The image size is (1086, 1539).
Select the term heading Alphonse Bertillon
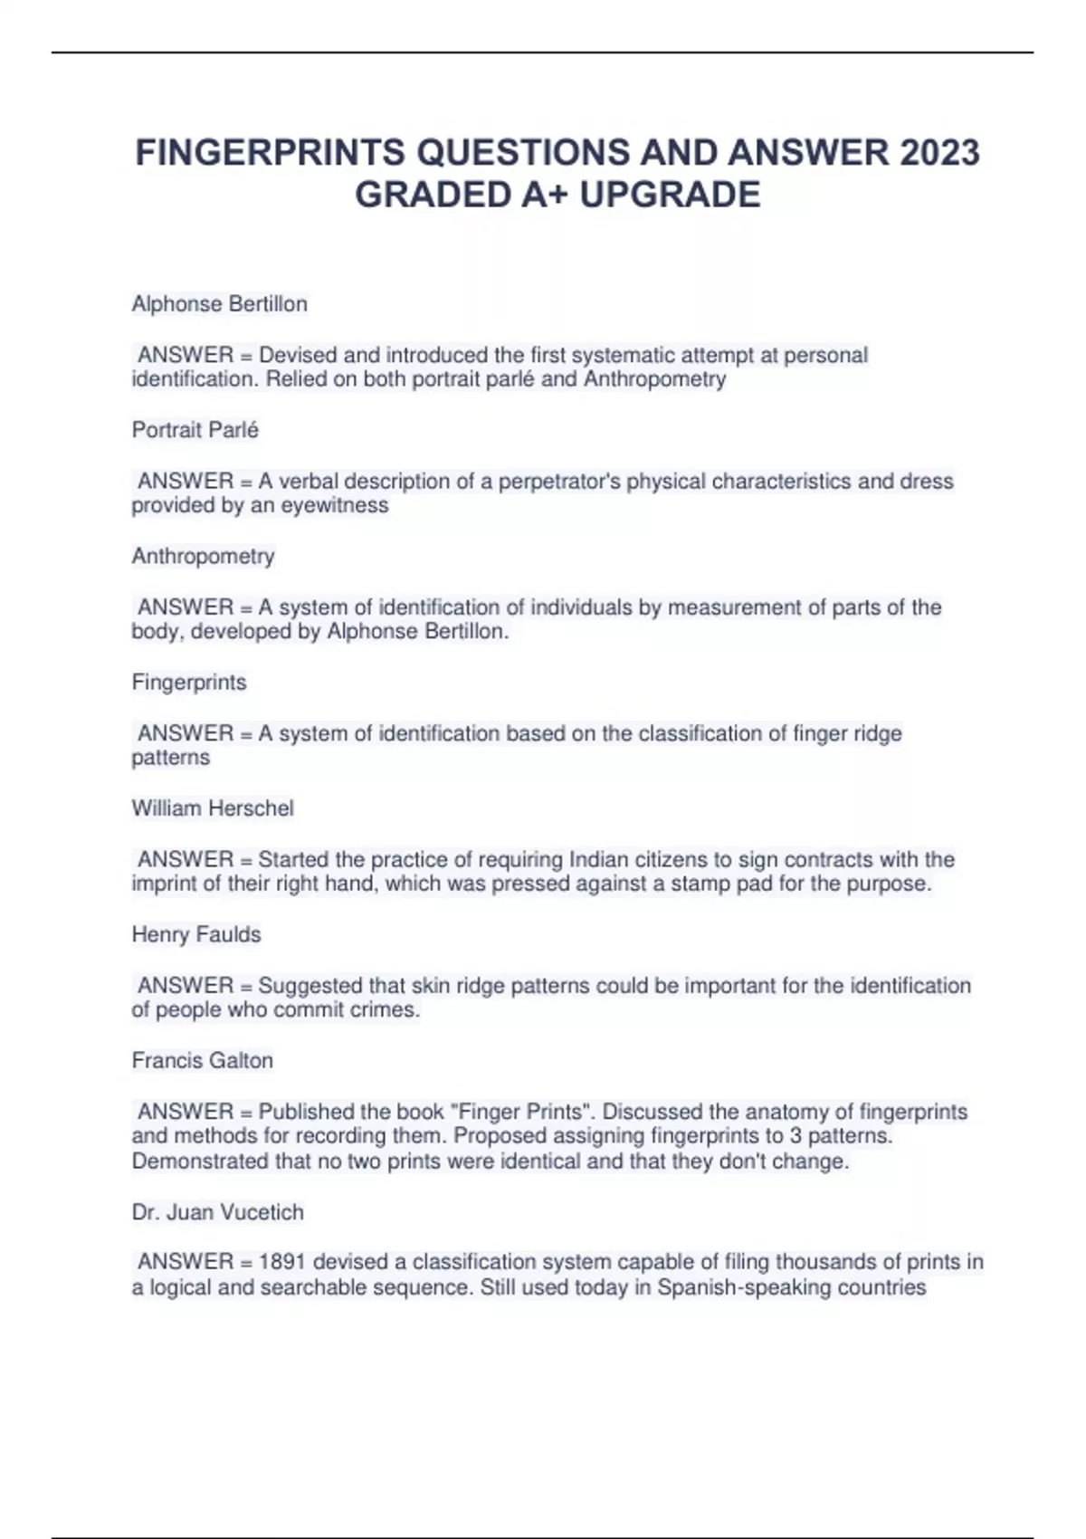(219, 304)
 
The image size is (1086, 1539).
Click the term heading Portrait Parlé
(195, 430)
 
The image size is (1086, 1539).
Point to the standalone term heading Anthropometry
(203, 556)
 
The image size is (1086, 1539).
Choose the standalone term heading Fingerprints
(188, 683)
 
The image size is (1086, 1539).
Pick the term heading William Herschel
(213, 808)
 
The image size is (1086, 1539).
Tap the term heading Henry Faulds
(195, 934)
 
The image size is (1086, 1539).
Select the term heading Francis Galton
(202, 1061)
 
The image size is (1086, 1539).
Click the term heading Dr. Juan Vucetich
(217, 1212)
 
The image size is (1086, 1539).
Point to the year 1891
(282, 1262)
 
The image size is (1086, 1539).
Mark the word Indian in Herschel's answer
(598, 859)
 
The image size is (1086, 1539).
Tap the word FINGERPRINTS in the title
(270, 153)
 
